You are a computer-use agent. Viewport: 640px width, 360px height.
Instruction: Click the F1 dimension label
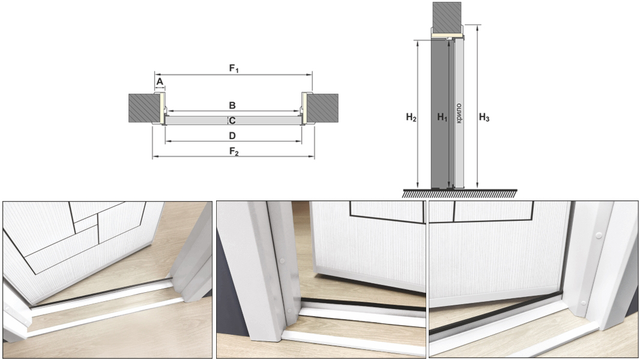(x=234, y=68)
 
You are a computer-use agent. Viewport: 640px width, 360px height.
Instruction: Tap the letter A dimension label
(x=160, y=82)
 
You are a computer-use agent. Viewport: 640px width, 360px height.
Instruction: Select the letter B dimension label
(x=232, y=105)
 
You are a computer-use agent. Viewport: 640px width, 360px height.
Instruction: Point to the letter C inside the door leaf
(x=232, y=121)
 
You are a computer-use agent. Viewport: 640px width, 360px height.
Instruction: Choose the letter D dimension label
(x=232, y=136)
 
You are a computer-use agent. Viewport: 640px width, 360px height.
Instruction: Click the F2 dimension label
(x=234, y=152)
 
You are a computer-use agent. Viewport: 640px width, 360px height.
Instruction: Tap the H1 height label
(x=442, y=118)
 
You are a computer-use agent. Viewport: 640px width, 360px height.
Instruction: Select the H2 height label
(x=411, y=118)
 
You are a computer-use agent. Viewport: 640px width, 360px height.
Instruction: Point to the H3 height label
(x=484, y=118)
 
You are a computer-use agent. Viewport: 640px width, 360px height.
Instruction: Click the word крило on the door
(x=459, y=113)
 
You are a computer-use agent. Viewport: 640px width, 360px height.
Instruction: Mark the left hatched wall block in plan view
(x=144, y=108)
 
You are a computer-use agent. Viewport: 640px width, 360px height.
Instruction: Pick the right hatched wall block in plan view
(x=322, y=108)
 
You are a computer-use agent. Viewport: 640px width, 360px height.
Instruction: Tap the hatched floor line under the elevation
(x=460, y=193)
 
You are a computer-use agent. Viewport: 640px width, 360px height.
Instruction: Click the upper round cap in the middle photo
(x=282, y=260)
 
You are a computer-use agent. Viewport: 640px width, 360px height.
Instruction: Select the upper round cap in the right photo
(x=599, y=235)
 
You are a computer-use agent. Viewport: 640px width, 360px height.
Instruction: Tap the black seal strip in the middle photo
(x=363, y=304)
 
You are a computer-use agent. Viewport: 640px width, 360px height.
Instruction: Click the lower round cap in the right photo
(x=584, y=303)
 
